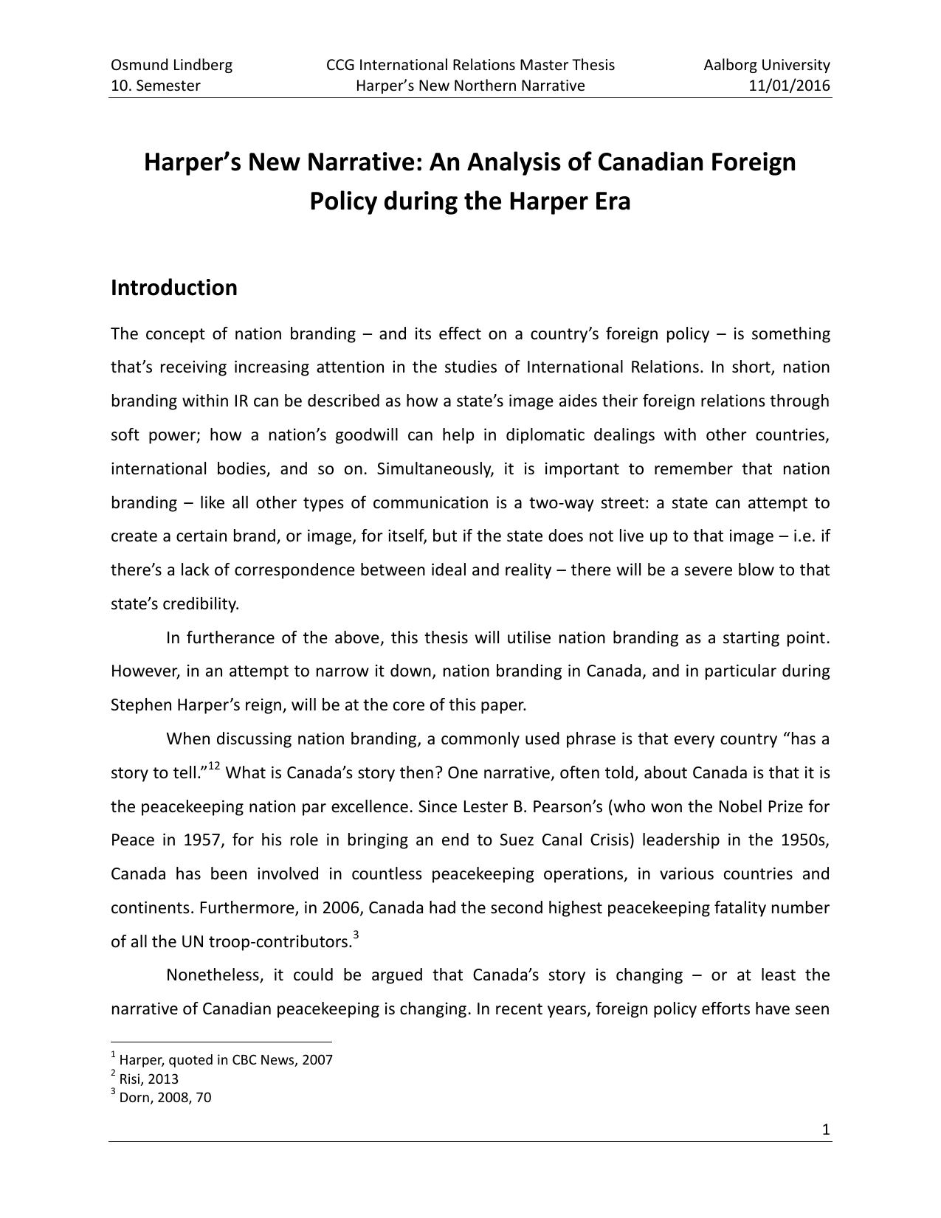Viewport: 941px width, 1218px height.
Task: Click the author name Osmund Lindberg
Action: tap(171, 65)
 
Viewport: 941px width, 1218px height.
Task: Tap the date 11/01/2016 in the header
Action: tap(790, 86)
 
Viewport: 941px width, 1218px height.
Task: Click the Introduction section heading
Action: tap(174, 288)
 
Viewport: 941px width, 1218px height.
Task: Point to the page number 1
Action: tap(826, 1130)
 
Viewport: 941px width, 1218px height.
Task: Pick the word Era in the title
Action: tap(609, 201)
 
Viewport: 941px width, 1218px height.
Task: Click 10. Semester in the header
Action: tap(155, 86)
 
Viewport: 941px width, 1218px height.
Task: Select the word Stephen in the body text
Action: tap(140, 705)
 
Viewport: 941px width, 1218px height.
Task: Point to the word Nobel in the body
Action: tap(740, 806)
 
